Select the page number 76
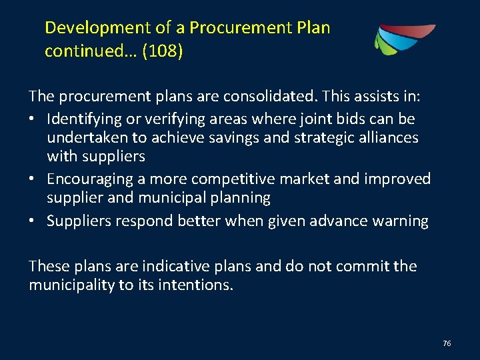447,343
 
